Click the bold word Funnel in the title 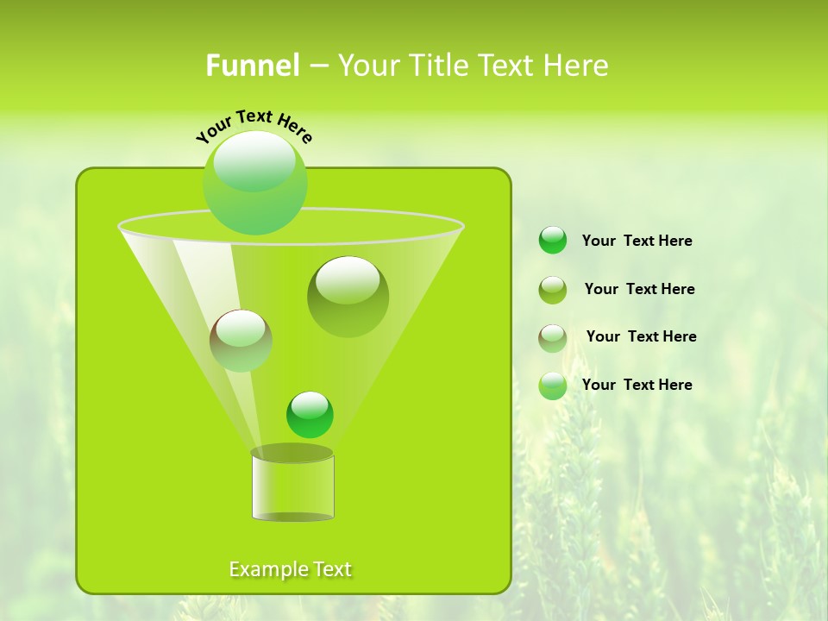252,66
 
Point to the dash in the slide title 317,66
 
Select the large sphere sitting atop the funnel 254,182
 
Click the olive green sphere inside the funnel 348,296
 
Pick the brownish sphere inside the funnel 241,340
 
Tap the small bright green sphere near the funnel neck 310,414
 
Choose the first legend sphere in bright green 553,240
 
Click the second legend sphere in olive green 553,289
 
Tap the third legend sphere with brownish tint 553,337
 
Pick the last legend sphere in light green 553,386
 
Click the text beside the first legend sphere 637,241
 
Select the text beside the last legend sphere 637,385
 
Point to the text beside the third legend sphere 641,336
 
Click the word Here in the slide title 576,66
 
